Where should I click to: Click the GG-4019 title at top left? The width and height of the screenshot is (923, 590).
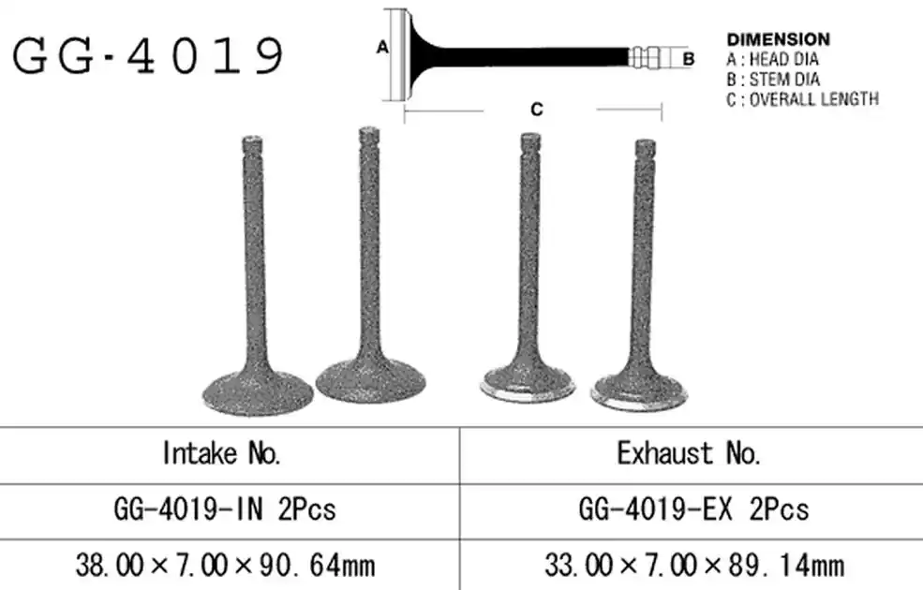point(148,56)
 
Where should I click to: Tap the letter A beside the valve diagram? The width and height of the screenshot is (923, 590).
point(382,47)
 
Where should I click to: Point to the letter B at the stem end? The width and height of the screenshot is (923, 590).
point(688,59)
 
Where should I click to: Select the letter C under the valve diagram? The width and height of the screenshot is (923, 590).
point(536,110)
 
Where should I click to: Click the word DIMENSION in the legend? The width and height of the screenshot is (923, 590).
point(778,39)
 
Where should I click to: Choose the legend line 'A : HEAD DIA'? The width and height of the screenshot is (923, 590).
point(772,59)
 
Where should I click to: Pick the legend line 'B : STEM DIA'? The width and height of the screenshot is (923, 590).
point(773,80)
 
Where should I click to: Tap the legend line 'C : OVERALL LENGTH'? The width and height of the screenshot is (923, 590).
point(803,99)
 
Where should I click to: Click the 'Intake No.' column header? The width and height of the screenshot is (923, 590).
point(222,453)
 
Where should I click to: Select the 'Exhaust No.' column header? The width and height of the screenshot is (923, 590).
point(689,453)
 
